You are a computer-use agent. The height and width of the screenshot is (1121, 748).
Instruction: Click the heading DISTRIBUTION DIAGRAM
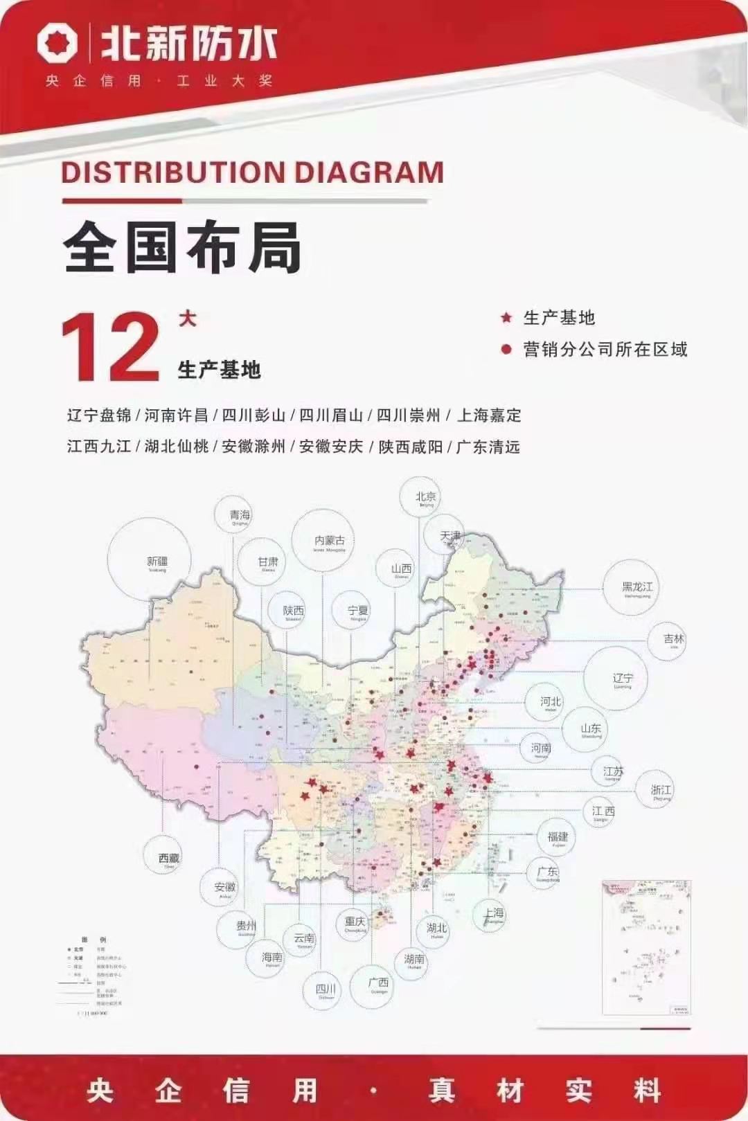click(252, 172)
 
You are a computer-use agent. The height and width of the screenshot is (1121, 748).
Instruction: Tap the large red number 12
click(111, 348)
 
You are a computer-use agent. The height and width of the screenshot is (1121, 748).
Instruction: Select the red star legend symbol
click(506, 318)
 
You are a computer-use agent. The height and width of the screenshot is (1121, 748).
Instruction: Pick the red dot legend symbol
click(506, 350)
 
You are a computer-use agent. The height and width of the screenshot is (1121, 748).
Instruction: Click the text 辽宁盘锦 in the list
click(99, 415)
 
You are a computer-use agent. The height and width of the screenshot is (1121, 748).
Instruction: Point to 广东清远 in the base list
click(488, 447)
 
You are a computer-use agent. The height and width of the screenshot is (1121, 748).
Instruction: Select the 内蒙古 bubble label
click(329, 541)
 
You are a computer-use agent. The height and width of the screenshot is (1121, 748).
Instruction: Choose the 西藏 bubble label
click(168, 859)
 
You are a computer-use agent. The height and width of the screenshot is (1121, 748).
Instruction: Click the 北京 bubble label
click(425, 498)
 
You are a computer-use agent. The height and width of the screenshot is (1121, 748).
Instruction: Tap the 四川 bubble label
click(326, 990)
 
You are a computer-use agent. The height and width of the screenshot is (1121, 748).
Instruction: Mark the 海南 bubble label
click(272, 958)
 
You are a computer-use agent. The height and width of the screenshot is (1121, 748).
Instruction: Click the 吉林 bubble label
click(673, 640)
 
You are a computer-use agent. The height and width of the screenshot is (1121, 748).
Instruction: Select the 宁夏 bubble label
click(358, 611)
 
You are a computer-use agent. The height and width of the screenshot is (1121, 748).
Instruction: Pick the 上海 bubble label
click(494, 914)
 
